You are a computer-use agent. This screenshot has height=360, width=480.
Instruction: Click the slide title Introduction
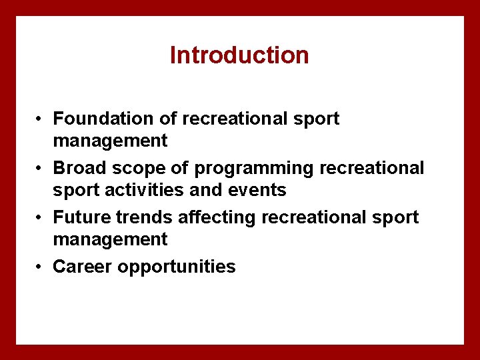coord(239,55)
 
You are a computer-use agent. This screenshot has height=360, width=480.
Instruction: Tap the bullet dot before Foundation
coord(41,119)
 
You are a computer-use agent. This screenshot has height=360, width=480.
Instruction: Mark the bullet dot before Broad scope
coord(41,169)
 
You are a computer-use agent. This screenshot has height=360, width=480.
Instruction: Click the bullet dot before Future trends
coord(41,218)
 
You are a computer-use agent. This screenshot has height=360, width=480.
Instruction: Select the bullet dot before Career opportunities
coord(41,267)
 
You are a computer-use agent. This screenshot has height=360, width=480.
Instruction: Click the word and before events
coord(207,190)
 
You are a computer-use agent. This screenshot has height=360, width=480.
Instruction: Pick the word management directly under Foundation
coord(110,141)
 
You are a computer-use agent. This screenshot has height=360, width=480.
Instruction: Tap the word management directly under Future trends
coord(110,239)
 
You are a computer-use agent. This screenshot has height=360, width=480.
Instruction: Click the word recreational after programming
coord(372,168)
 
